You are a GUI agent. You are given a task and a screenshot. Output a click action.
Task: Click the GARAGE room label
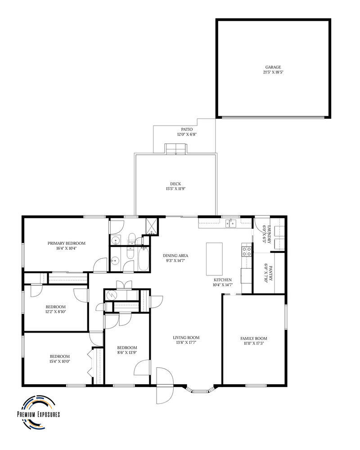pyautogui.click(x=273, y=67)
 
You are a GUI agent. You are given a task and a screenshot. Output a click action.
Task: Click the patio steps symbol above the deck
pyautogui.click(x=175, y=149)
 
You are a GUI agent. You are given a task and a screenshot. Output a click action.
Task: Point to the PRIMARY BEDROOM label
pyautogui.click(x=66, y=243)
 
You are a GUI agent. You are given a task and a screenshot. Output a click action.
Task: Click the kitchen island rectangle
pyautogui.click(x=214, y=259)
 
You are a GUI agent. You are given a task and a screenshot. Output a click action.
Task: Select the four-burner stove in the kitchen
pyautogui.click(x=247, y=250)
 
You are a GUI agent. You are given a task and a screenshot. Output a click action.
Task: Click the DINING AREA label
pyautogui.click(x=175, y=256)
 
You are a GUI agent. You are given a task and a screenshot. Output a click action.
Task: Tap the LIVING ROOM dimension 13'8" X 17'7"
pyautogui.click(x=186, y=342)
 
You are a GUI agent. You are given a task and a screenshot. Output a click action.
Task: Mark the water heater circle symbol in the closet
pyautogui.click(x=111, y=295)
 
